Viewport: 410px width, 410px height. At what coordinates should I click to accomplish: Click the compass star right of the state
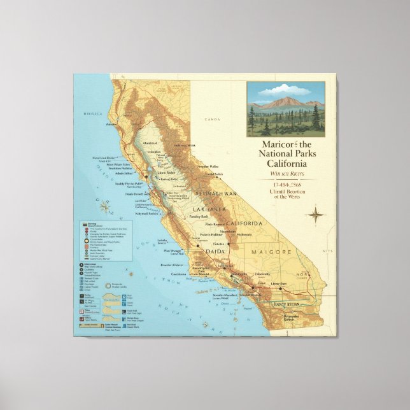tap(315, 214)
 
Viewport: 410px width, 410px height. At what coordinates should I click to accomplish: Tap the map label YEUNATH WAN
tap(216, 193)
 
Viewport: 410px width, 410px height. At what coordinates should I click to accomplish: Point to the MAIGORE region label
tap(272, 252)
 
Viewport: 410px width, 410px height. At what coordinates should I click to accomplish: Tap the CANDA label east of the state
tap(212, 119)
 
